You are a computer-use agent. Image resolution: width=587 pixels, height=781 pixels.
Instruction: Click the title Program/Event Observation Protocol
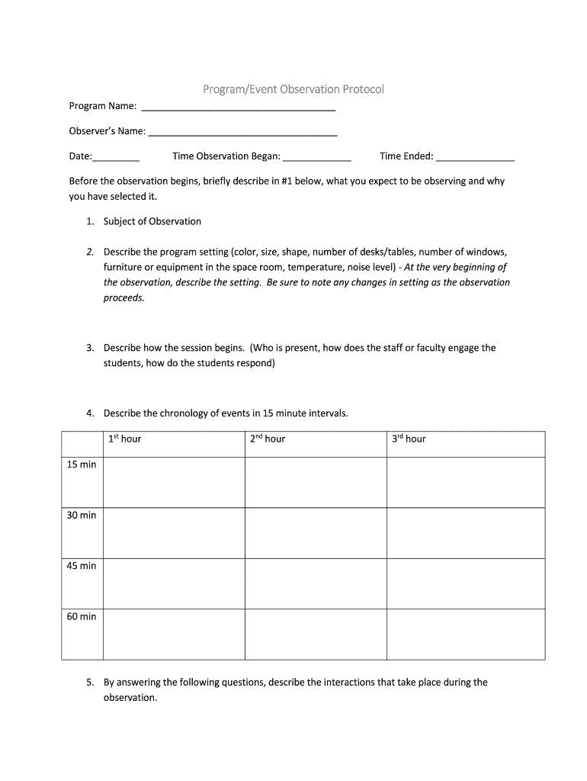293,89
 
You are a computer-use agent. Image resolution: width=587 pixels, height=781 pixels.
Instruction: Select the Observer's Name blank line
242,133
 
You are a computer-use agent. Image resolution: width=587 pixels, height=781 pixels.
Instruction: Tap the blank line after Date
116,159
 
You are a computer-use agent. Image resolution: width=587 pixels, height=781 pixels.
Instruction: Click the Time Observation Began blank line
317,159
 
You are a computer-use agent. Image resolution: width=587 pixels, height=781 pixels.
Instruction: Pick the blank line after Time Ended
475,159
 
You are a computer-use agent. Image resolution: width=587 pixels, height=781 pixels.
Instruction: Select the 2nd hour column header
267,439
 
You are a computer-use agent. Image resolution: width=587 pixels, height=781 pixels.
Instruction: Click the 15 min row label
82,464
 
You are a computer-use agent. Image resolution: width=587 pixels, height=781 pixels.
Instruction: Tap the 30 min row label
82,515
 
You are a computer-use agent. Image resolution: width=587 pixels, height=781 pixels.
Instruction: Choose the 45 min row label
82,566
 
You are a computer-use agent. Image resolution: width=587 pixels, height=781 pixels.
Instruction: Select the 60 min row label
82,616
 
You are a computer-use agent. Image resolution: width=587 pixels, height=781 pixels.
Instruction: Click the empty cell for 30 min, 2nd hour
316,533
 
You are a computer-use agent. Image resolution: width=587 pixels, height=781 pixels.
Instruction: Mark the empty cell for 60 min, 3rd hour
466,634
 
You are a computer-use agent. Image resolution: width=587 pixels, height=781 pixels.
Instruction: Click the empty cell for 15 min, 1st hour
174,482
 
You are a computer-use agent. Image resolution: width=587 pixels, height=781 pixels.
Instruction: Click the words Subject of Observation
152,221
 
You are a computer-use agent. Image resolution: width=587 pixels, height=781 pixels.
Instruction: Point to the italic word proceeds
123,297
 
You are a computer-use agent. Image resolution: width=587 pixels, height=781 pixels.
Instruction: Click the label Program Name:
103,105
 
